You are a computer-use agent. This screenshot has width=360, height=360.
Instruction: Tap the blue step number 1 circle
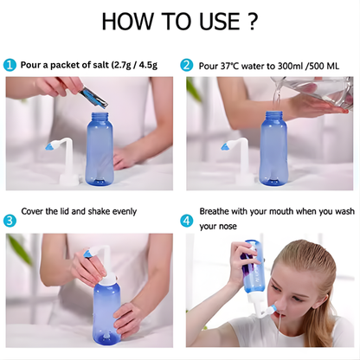point(10,65)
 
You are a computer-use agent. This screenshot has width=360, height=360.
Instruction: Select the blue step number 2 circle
point(186,65)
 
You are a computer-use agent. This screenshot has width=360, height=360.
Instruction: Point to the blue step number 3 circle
point(10,220)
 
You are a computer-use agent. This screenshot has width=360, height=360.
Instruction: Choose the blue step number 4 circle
point(186,220)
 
